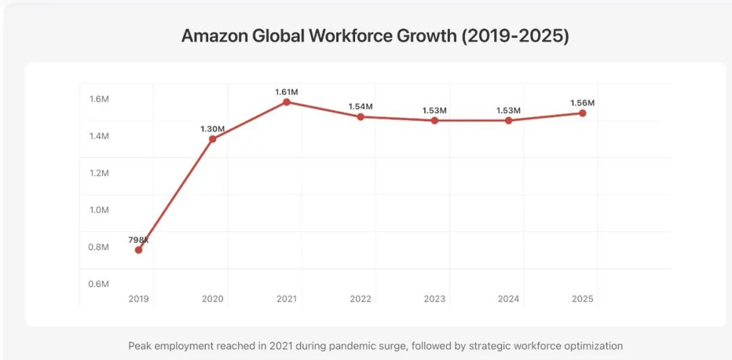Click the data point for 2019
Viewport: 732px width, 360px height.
click(138, 250)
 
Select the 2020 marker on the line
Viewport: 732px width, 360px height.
click(212, 139)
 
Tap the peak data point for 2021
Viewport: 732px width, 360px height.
click(286, 102)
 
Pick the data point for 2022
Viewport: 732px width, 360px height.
click(361, 117)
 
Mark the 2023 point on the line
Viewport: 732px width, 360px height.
click(435, 120)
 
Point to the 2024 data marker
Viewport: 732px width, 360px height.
click(509, 120)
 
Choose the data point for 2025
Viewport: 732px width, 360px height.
click(583, 113)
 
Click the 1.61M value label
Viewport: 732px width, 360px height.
click(286, 91)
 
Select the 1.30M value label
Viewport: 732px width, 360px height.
click(212, 130)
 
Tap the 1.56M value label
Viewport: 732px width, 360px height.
click(583, 102)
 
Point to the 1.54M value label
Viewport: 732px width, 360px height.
click(361, 107)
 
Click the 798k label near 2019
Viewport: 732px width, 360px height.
click(138, 240)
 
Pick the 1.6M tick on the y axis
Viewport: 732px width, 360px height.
click(99, 100)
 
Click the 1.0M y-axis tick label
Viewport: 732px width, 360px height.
click(99, 210)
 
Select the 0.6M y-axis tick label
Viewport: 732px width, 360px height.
click(99, 284)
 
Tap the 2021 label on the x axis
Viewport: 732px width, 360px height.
click(286, 299)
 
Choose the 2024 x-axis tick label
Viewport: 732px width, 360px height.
click(509, 299)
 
